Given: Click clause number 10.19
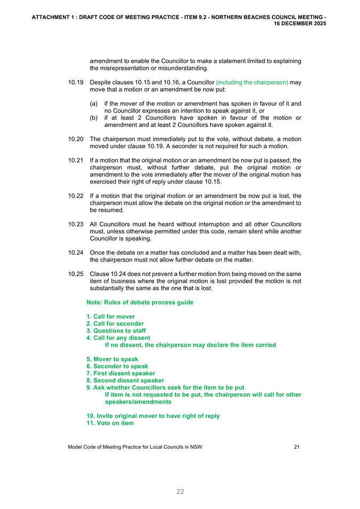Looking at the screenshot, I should click(76, 83).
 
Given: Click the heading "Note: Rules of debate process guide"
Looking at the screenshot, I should click(140, 303).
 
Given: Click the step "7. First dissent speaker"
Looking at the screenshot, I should click(121, 374).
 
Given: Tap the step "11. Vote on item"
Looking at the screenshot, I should click(110, 423).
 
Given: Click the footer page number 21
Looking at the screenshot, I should click(297, 447).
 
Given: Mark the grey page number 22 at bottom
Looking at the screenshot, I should click(180, 491).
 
